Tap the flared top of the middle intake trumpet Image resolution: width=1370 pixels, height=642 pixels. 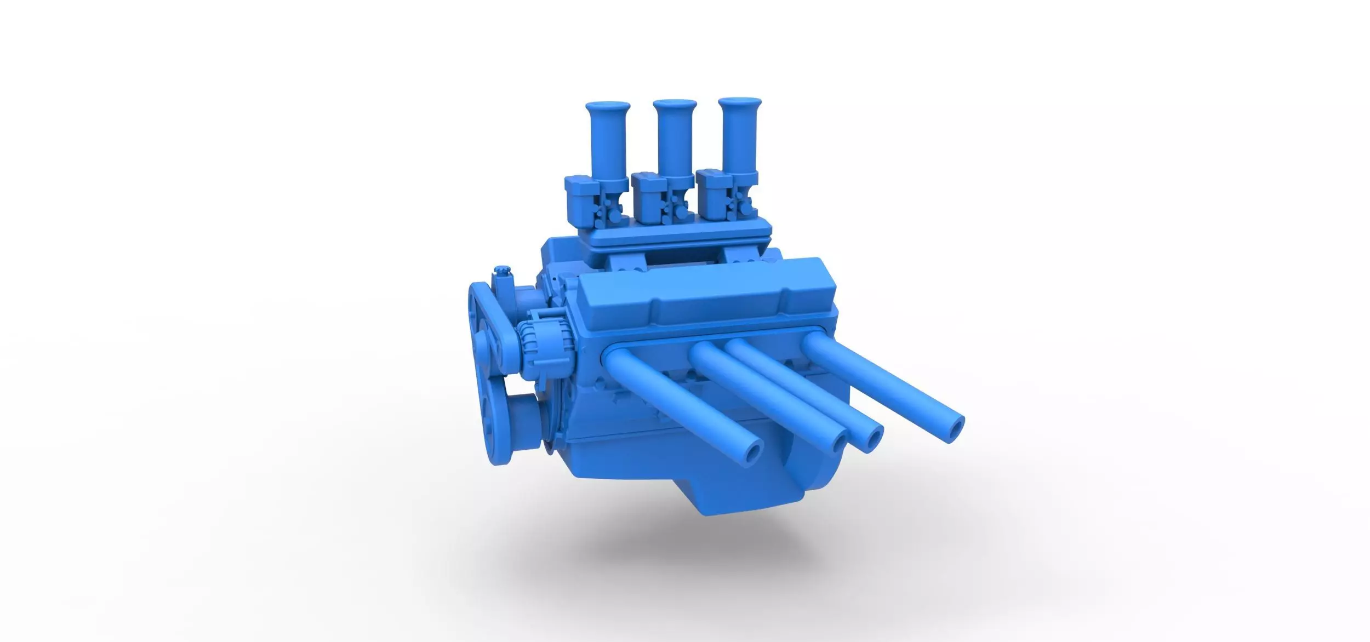(x=675, y=105)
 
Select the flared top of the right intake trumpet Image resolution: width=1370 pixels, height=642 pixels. (x=739, y=104)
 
